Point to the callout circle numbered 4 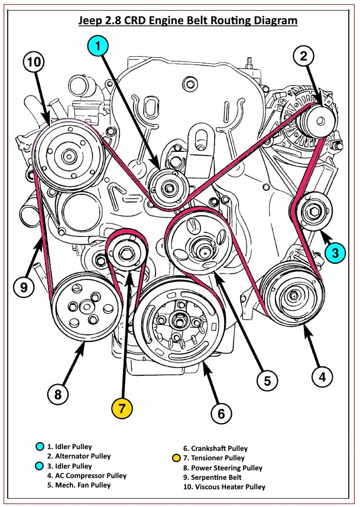[x=322, y=376]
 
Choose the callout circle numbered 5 [x=267, y=381]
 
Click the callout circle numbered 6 [x=221, y=413]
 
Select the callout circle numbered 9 [x=23, y=287]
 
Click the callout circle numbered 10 [x=35, y=63]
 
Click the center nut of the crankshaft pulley [x=177, y=322]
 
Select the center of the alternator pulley [x=317, y=122]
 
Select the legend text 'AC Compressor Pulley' [x=87, y=476]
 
